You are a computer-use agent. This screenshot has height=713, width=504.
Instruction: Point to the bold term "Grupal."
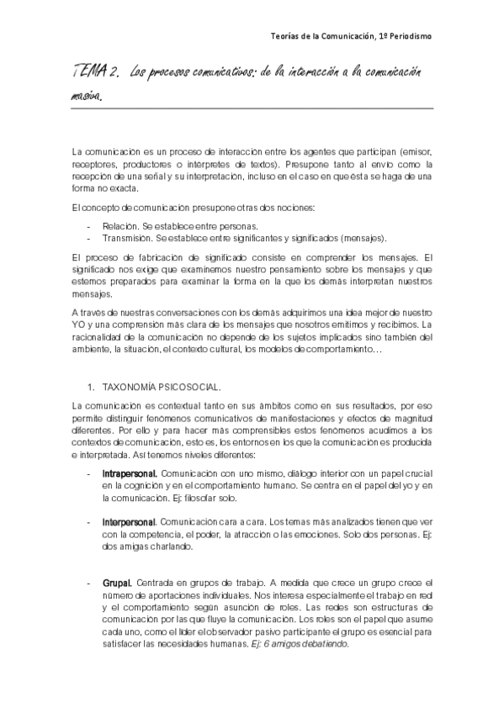[116, 583]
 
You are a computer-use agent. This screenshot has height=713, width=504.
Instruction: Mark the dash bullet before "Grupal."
[89, 583]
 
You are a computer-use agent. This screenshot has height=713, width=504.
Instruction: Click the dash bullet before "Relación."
[89, 226]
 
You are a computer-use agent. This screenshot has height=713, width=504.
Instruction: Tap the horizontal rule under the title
[252, 108]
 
